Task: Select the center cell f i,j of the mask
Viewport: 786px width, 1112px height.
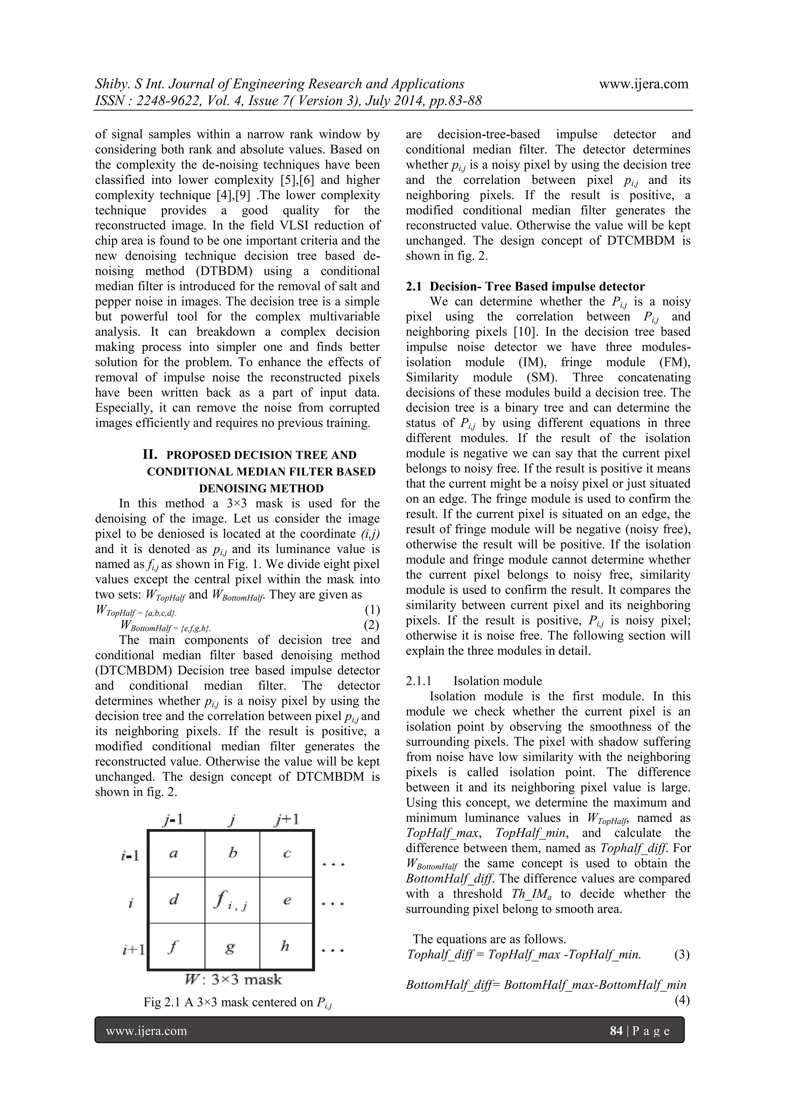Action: (232, 900)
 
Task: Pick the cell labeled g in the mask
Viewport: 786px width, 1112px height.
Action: (231, 946)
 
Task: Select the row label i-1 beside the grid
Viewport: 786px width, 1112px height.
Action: (130, 855)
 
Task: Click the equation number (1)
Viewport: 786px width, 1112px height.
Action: (372, 609)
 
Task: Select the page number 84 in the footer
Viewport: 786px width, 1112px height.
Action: (616, 1031)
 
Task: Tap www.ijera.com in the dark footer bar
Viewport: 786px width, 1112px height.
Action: (146, 1031)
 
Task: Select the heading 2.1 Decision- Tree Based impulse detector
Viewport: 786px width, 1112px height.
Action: (525, 286)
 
